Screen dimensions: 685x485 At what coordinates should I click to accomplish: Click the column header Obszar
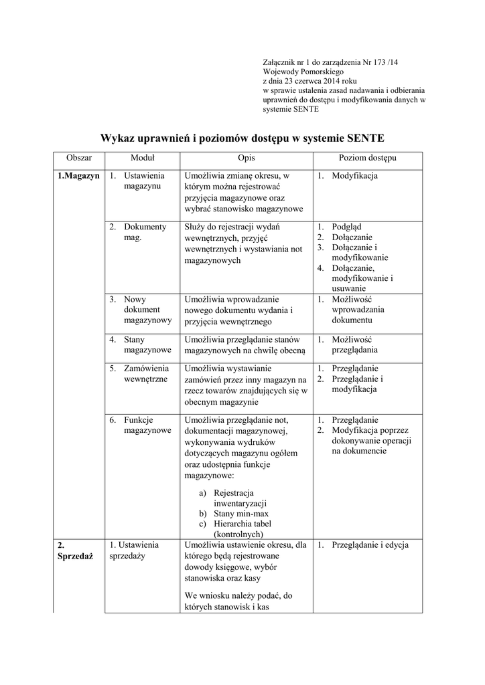(x=79, y=159)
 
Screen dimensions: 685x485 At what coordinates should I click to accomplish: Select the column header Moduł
(x=142, y=159)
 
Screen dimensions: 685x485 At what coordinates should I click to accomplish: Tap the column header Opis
(x=246, y=159)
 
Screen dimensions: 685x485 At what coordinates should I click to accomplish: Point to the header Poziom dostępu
(x=367, y=159)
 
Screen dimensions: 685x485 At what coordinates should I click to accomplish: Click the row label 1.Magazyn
(x=79, y=176)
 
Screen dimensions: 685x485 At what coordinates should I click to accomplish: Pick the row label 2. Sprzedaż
(x=70, y=551)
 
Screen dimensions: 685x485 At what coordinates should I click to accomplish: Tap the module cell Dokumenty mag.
(x=144, y=232)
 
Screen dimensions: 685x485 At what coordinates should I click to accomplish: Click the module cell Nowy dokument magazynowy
(x=147, y=310)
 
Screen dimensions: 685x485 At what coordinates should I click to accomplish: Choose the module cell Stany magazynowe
(x=147, y=345)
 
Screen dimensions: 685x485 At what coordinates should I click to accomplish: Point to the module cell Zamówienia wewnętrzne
(x=146, y=373)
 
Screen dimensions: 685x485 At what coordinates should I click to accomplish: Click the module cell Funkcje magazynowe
(x=147, y=425)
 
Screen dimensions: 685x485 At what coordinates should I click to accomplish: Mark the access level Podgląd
(x=346, y=227)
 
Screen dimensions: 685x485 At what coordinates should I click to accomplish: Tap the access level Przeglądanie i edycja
(x=370, y=545)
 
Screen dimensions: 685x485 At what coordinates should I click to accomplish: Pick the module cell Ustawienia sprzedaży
(x=134, y=550)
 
